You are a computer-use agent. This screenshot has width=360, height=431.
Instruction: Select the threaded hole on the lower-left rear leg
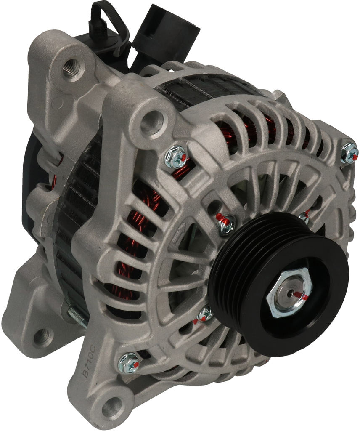(44, 336)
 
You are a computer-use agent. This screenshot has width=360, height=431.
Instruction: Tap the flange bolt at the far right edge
(350, 153)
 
